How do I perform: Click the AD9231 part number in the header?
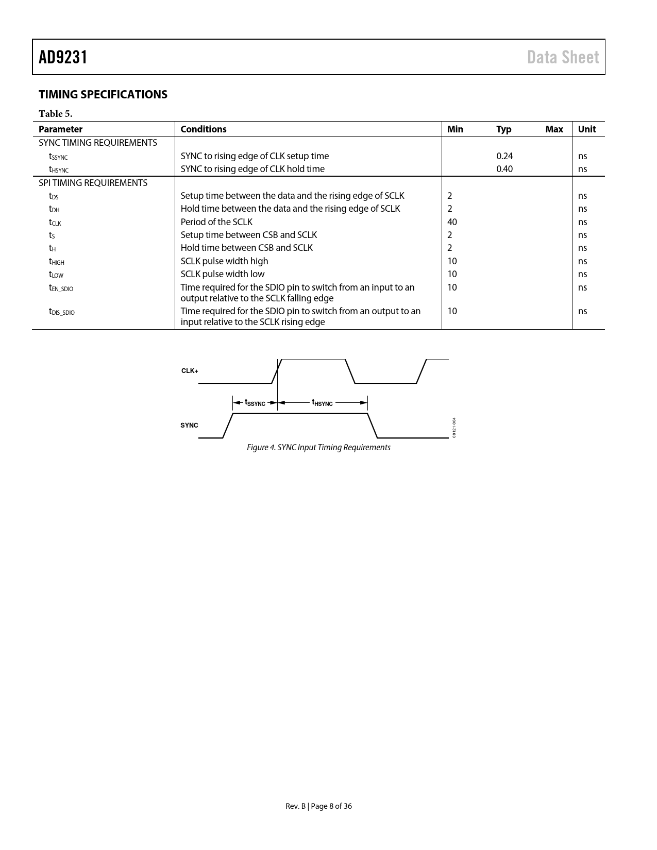click(x=63, y=57)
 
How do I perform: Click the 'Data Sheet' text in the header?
click(x=563, y=57)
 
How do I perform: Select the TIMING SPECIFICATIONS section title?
click(x=103, y=95)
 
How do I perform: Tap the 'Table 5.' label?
click(x=55, y=114)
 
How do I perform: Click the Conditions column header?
click(x=204, y=129)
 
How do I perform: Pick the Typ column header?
click(x=503, y=129)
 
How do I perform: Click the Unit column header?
click(x=586, y=129)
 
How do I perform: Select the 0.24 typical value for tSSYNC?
click(x=504, y=156)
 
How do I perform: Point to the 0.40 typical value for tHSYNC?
click(x=504, y=169)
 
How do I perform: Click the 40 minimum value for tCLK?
click(x=452, y=222)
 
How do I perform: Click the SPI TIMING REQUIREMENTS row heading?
click(x=93, y=183)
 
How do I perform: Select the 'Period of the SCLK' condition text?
click(x=216, y=222)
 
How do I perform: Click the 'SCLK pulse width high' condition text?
click(x=224, y=261)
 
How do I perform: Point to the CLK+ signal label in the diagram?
click(x=190, y=371)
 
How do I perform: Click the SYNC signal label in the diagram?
click(x=189, y=426)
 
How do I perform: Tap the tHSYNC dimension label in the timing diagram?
click(x=322, y=403)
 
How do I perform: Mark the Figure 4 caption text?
click(x=318, y=448)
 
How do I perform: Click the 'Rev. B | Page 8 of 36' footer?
click(x=318, y=806)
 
